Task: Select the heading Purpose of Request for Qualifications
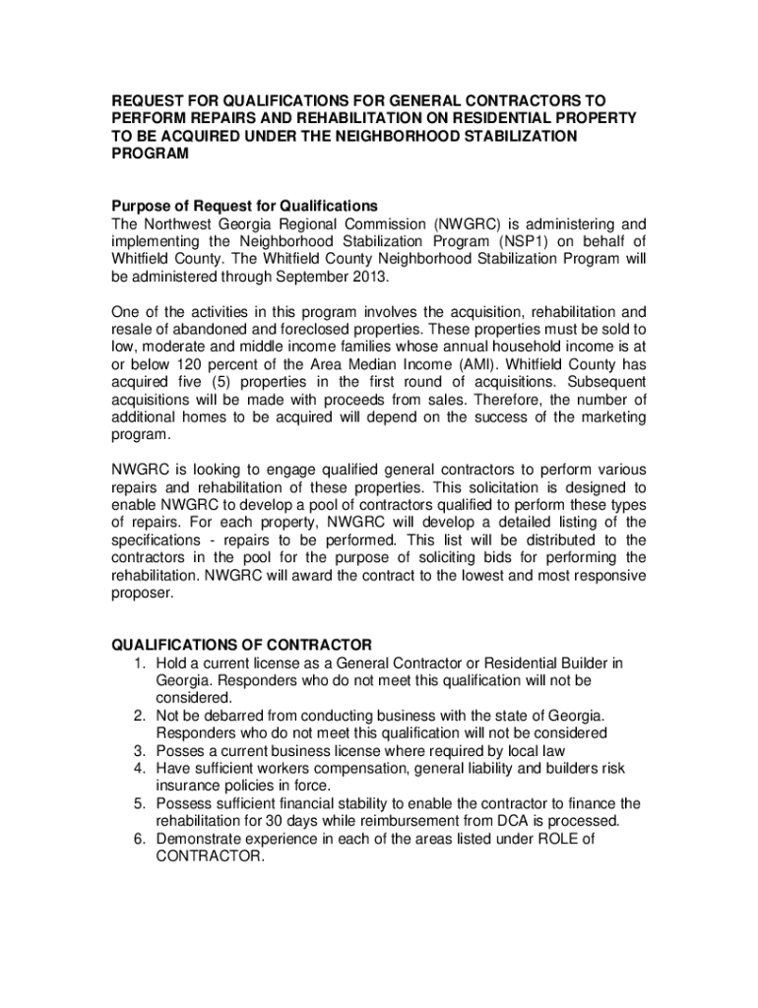tap(243, 206)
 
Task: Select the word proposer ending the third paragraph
tap(141, 594)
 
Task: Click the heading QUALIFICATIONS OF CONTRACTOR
tap(240, 645)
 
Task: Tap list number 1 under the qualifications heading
tap(141, 662)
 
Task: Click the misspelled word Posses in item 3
tap(178, 750)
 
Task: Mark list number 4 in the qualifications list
tap(141, 768)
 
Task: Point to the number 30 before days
tap(262, 821)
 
